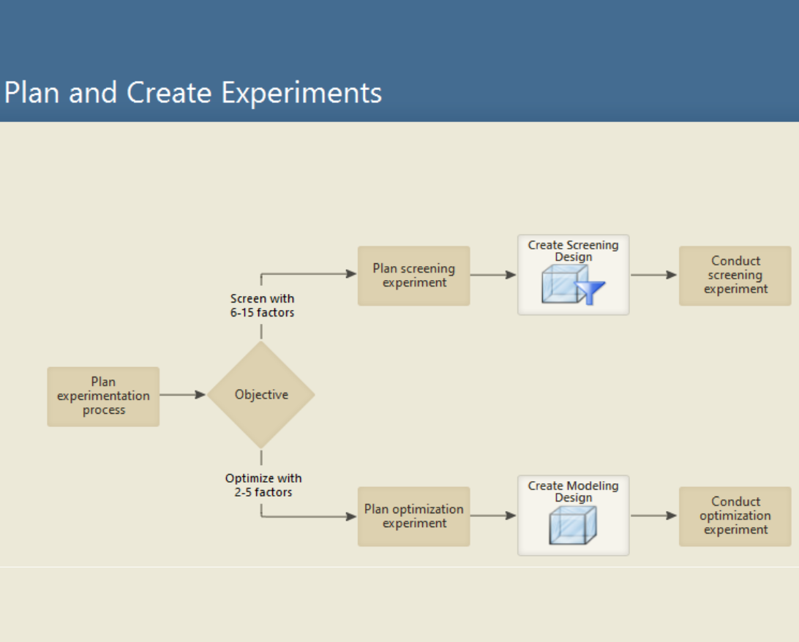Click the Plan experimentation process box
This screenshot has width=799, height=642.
coord(103,396)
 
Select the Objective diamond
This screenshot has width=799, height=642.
coord(261,395)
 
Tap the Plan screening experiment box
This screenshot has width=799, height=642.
coord(413,276)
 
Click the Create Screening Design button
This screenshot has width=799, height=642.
coord(573,275)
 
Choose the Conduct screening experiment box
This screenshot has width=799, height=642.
coord(735,276)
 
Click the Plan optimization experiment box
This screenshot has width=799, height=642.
coord(413,516)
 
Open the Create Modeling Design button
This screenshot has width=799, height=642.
coord(573,516)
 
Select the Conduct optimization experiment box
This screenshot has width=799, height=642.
coord(735,516)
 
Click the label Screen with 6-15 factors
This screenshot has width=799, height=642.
coord(262,306)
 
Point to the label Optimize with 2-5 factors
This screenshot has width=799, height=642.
coord(263,486)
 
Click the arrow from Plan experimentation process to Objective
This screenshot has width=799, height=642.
coord(183,395)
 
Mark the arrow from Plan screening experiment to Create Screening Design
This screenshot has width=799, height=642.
coord(493,275)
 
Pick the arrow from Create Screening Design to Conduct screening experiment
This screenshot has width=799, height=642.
coord(653,275)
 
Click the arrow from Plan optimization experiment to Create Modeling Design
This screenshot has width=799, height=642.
coord(493,516)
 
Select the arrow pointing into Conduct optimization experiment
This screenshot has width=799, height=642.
coord(653,516)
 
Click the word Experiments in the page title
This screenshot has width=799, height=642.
coord(301,94)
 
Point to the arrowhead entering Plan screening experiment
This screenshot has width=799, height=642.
coord(351,274)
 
